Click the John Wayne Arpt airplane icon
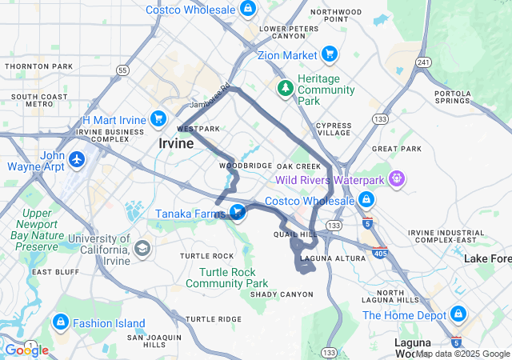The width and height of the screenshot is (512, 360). (77, 159)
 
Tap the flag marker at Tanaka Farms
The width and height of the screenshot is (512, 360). (237, 211)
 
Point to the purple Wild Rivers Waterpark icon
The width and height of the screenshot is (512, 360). (395, 178)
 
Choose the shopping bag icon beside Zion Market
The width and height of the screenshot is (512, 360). (329, 54)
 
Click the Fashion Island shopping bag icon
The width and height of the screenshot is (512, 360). (59, 322)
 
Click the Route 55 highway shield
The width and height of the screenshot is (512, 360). (122, 70)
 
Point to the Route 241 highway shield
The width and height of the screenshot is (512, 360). (424, 62)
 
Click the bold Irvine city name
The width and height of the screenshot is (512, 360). (176, 144)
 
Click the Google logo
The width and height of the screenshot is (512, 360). (26, 350)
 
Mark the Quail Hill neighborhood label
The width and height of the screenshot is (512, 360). (290, 235)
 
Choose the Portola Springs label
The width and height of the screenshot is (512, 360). (452, 98)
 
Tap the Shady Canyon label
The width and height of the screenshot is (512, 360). (282, 294)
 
